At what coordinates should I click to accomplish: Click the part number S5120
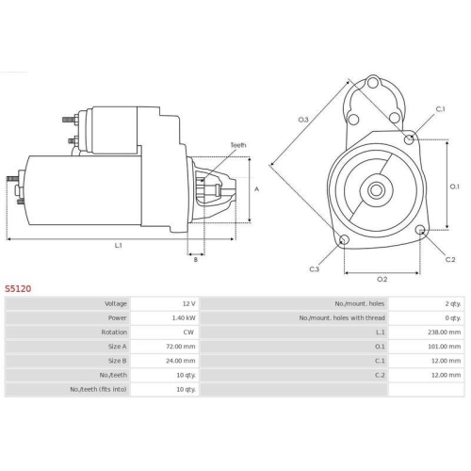[18, 289]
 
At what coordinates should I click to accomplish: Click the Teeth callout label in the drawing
[237, 144]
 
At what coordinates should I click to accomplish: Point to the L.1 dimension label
[119, 246]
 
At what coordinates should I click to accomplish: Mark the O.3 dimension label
[303, 120]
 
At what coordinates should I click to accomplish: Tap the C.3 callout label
[315, 269]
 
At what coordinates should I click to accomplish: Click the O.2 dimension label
[382, 279]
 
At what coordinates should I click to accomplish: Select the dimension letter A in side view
[257, 188]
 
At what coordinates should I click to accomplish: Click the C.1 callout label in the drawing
[441, 109]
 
